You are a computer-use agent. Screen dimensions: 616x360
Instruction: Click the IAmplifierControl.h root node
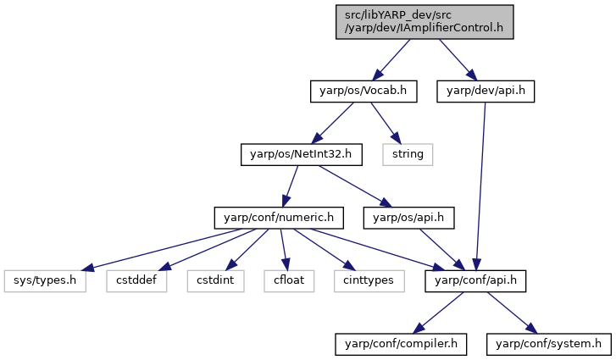pos(425,22)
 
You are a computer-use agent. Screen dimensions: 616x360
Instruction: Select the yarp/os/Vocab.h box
pos(363,91)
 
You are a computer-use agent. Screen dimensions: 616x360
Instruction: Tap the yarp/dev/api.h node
pos(486,91)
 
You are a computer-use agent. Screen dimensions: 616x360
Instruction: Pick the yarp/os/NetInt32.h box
pos(302,155)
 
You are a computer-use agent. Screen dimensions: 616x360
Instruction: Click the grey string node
pos(408,155)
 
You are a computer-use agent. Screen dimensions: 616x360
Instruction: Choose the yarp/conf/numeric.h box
pos(279,218)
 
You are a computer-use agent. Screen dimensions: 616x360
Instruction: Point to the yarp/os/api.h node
pos(408,218)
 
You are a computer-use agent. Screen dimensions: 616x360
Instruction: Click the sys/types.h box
pos(45,281)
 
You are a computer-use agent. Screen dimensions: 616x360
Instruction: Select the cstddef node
pos(136,281)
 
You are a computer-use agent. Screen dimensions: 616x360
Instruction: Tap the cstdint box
pos(216,281)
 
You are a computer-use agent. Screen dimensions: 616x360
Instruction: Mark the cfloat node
pos(289,281)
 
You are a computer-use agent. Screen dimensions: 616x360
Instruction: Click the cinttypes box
pos(369,281)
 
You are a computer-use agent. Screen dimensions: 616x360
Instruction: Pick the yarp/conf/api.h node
pos(475,281)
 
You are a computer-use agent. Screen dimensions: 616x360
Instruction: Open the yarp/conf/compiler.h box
pos(401,345)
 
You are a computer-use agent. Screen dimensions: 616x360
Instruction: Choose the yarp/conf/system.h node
pos(549,345)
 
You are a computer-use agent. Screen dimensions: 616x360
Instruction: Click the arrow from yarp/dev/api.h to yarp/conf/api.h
pos(481,186)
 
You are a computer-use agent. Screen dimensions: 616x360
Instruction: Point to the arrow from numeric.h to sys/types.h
pos(161,249)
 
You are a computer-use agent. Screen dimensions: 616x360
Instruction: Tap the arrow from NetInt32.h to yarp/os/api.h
pos(356,186)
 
